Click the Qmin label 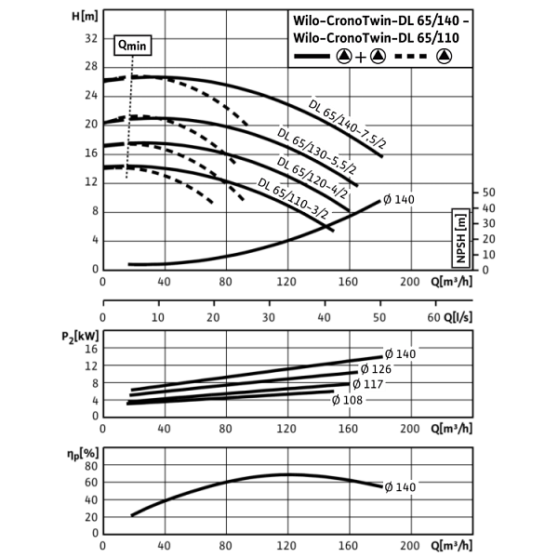132,46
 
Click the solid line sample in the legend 312,57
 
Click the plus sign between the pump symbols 360,58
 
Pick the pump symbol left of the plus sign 343,57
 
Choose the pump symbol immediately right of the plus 377,57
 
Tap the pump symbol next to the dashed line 444,57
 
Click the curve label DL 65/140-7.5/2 348,124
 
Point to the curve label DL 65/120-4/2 312,178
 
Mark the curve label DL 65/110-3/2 294,199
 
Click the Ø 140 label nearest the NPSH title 400,199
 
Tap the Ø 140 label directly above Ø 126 401,353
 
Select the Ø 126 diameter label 376,369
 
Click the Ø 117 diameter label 367,384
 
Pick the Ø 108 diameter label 347,401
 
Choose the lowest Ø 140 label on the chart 400,487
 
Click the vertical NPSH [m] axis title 460,238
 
